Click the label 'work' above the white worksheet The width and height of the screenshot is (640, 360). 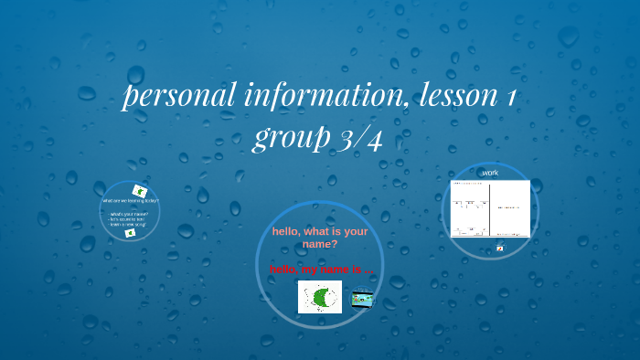pyautogui.click(x=490, y=173)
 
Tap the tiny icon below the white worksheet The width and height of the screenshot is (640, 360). pyautogui.click(x=500, y=248)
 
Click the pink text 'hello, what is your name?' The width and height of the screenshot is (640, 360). pyautogui.click(x=319, y=238)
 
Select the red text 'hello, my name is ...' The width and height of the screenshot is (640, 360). pyautogui.click(x=320, y=270)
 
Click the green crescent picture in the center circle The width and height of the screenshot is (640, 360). pyautogui.click(x=320, y=297)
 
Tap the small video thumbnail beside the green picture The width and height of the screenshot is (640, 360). pyautogui.click(x=362, y=298)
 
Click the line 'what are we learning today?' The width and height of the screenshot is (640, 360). pyautogui.click(x=130, y=200)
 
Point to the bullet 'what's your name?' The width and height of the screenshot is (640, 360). pyautogui.click(x=129, y=214)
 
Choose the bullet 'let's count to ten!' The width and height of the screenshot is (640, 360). pyautogui.click(x=129, y=219)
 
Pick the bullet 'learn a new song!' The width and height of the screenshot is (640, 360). pyautogui.click(x=129, y=224)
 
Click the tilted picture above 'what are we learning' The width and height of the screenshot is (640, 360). pyautogui.click(x=140, y=190)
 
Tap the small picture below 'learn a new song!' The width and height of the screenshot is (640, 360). pyautogui.click(x=130, y=233)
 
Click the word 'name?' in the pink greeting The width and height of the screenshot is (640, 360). pyautogui.click(x=319, y=244)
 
